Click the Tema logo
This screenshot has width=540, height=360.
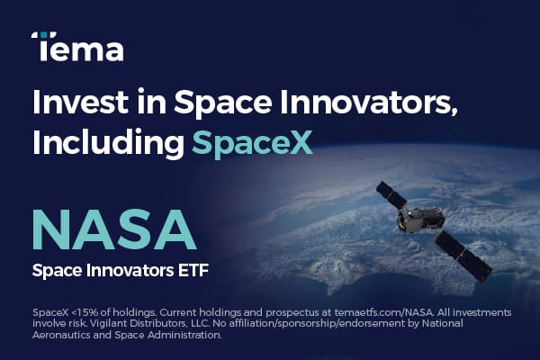(77, 47)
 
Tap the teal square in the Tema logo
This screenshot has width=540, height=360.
(44, 34)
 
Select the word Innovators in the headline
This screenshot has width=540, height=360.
(365, 103)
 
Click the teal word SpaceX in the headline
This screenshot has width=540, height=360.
(252, 142)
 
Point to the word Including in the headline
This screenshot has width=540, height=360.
(108, 142)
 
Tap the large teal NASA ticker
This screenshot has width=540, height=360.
(114, 229)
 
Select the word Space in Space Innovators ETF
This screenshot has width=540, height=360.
(58, 271)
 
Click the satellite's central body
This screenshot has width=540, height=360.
(421, 220)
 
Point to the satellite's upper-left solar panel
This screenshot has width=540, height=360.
(391, 194)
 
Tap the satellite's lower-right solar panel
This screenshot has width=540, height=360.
(463, 256)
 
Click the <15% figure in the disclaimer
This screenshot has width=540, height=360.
(86, 313)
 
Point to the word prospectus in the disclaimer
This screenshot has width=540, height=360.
(292, 313)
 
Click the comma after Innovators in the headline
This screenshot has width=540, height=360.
(454, 112)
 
